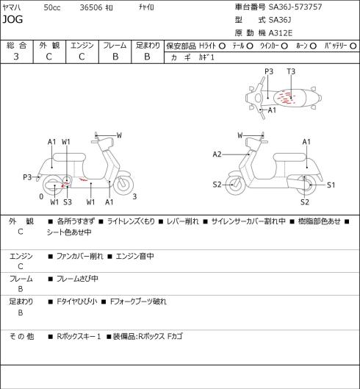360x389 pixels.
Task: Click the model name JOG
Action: pos(12,19)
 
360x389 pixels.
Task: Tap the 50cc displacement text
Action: pos(52,7)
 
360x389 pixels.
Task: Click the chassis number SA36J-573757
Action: pos(295,7)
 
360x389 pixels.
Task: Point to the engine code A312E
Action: pos(281,33)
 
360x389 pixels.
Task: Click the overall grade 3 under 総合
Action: pos(16,57)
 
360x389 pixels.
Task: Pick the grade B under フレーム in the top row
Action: pos(115,57)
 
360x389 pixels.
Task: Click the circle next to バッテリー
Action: pos(353,46)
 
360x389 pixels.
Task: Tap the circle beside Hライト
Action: pos(222,46)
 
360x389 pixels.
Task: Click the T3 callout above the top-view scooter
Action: pos(291,72)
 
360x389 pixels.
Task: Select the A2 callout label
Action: pos(217,154)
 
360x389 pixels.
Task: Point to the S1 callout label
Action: pos(331,185)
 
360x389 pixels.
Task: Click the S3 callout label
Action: pos(68,202)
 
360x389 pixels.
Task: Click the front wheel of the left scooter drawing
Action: pos(123,185)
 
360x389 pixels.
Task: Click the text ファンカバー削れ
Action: pos(79,256)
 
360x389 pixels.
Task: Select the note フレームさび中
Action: pos(77,279)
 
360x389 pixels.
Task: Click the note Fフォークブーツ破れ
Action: pos(138,301)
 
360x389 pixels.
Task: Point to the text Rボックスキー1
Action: pos(79,336)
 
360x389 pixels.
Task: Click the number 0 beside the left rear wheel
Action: pos(41,196)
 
